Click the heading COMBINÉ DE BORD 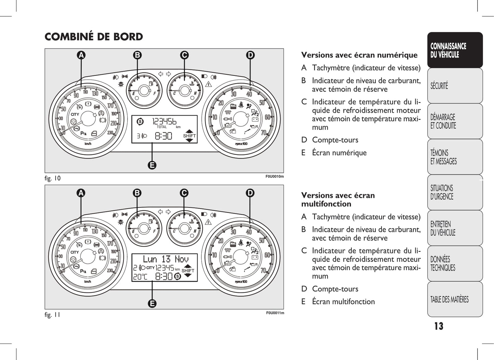tap(94, 37)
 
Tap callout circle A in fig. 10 tap(81, 55)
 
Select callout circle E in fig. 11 tap(152, 303)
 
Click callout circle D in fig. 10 tap(250, 55)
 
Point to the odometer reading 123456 tap(164, 121)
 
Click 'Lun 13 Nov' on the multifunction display tap(165, 259)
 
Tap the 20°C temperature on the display tap(140, 277)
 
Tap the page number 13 tap(439, 326)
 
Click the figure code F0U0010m tap(275, 176)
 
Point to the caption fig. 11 tap(52, 315)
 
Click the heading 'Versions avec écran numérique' tap(359, 55)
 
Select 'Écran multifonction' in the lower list tap(343, 302)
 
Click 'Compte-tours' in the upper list tap(335, 140)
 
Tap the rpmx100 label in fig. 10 tap(241, 144)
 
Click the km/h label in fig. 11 tap(88, 281)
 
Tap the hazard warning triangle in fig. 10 tap(208, 84)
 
